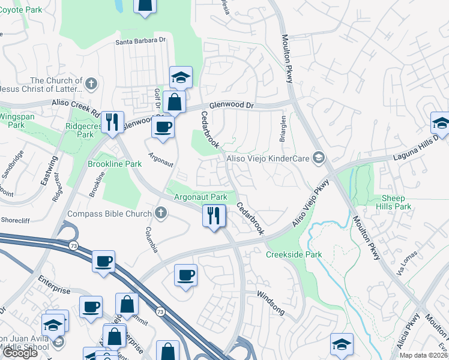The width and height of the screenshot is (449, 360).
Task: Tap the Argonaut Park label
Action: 200,197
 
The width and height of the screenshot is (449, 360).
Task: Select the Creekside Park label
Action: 294,254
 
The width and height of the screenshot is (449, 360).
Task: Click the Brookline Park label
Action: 115,163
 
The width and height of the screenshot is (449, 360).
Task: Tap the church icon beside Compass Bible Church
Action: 160,212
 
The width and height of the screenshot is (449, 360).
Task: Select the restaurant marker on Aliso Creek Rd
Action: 112,122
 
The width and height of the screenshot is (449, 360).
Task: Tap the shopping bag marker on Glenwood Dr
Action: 174,102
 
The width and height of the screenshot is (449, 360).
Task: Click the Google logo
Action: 20,353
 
